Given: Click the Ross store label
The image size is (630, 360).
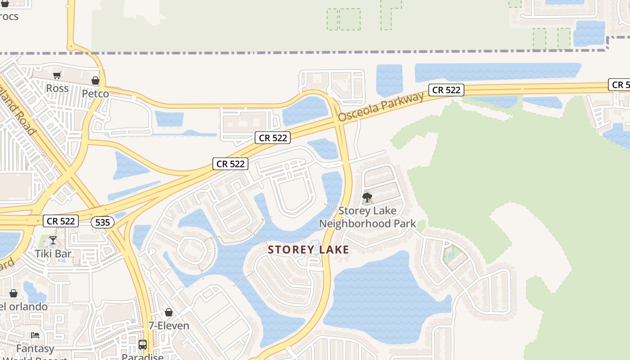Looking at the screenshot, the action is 58,88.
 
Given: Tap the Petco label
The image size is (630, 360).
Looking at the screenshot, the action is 95,94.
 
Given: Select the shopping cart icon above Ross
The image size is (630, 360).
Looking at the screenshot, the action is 57,76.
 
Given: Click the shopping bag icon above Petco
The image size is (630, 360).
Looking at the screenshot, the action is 95,81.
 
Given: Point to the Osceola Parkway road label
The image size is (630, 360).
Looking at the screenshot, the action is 381,107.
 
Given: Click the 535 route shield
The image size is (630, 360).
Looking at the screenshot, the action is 102,222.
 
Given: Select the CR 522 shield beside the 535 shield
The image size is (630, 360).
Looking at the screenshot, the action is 61,221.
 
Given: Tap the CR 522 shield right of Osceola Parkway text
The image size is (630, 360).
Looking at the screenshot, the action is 446,90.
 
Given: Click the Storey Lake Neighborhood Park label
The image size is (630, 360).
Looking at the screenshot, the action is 367,217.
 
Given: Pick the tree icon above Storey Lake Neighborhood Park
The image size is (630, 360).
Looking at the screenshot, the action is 367,197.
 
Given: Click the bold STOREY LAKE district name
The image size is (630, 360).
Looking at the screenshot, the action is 309,250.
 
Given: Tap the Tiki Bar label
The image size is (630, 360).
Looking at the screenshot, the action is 53,253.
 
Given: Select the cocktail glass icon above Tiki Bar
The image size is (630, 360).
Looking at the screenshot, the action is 53,240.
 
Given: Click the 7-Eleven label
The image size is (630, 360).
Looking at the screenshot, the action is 169,325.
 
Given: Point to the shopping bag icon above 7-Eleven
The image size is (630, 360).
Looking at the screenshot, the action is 169,312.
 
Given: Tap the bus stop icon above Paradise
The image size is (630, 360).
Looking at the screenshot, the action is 143,345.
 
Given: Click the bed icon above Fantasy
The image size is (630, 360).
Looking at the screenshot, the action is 35,335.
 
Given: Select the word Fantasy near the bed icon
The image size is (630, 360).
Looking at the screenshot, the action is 35,348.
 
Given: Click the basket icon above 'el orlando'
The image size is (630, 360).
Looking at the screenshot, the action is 13,294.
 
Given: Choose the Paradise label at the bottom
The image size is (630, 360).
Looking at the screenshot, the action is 143,357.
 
